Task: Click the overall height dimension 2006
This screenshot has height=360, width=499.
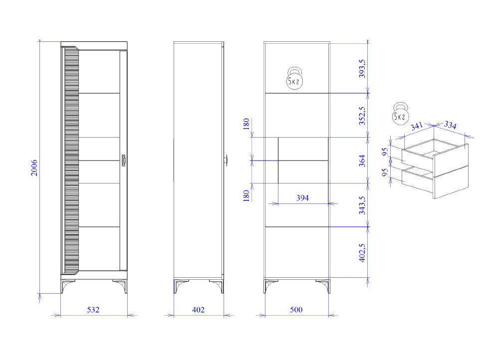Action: click(34, 168)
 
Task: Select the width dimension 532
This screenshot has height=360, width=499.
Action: click(93, 310)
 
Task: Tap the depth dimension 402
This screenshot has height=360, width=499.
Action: click(198, 310)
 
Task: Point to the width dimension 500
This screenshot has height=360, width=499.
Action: click(296, 310)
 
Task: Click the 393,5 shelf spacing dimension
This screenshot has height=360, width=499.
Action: click(362, 69)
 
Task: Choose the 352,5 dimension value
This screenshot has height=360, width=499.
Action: click(362, 116)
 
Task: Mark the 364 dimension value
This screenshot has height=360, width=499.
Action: click(362, 161)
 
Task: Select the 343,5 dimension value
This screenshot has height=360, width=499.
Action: click(362, 205)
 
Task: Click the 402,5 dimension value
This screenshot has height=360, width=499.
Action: click(362, 253)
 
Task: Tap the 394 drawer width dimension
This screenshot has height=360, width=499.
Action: click(303, 198)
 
